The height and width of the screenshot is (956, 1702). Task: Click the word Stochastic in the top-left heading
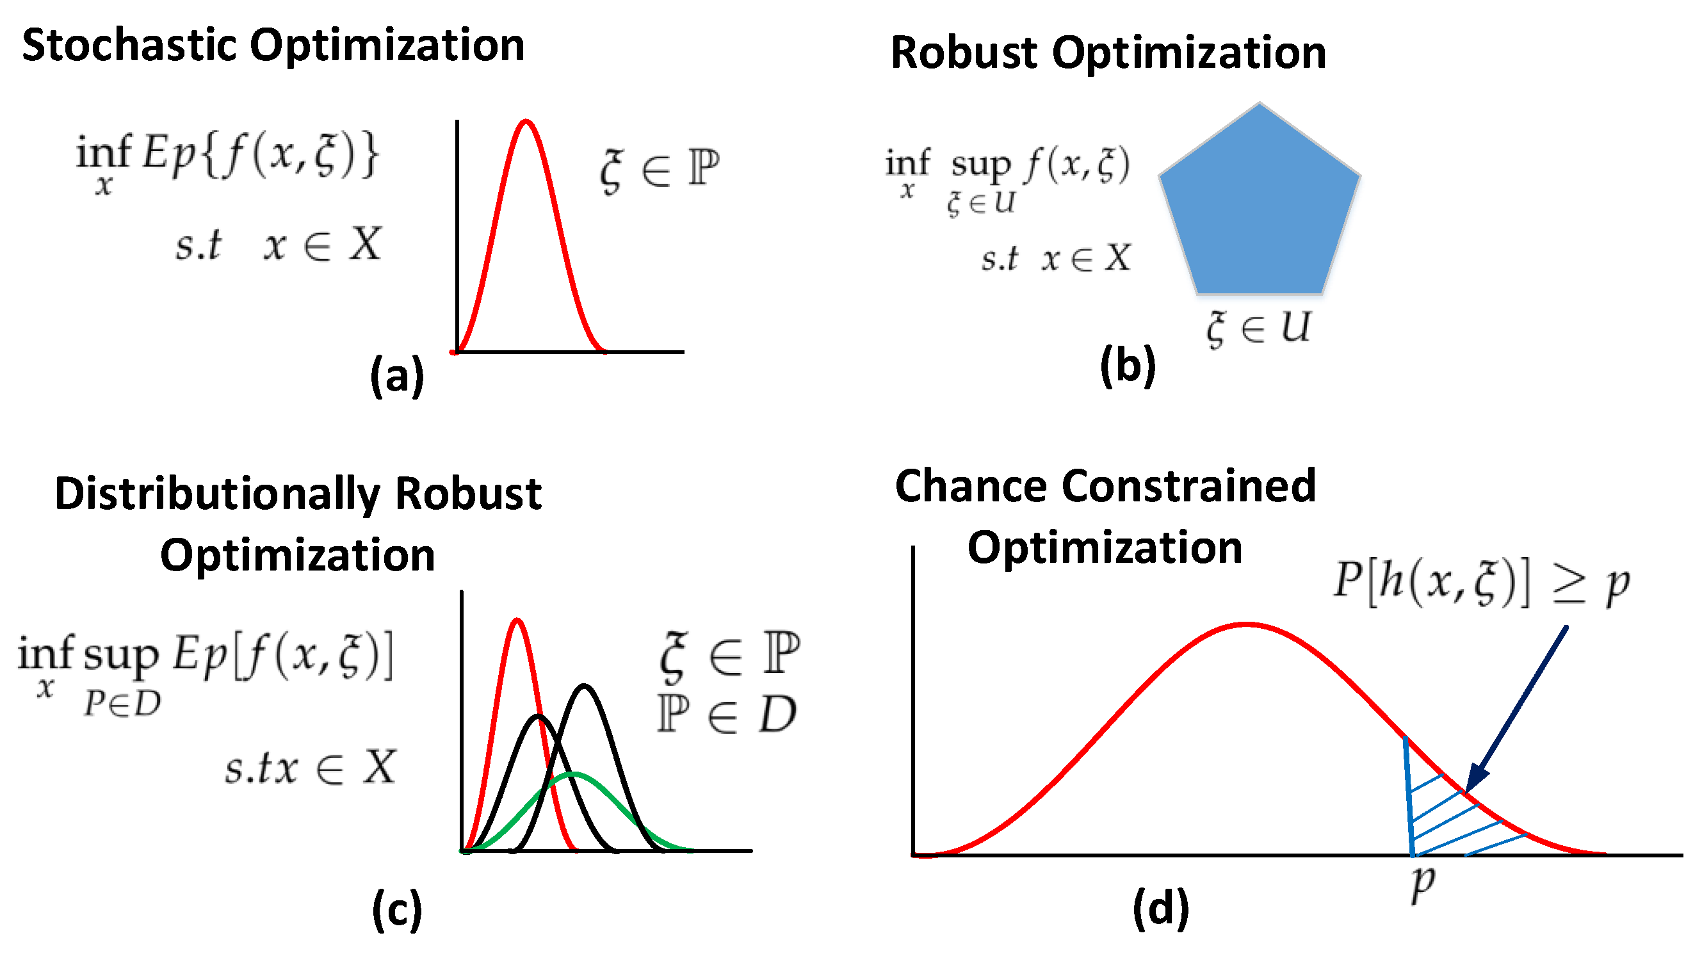tap(129, 45)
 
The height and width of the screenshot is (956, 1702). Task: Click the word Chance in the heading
tap(972, 486)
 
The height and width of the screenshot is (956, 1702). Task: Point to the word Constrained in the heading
tap(1189, 486)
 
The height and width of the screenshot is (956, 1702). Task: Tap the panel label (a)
tap(396, 375)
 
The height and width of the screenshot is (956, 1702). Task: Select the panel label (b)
tap(1127, 366)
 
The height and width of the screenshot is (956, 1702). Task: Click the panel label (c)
tap(396, 910)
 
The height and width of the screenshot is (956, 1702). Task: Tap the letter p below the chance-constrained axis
tap(1423, 882)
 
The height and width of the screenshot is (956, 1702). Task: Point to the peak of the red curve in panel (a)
tap(526, 122)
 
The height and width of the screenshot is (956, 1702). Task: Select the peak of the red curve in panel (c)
tap(517, 620)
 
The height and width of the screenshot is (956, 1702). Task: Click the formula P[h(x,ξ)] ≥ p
tap(1480, 583)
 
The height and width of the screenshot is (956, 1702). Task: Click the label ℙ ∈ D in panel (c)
tap(727, 715)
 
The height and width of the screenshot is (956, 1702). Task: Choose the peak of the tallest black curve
tap(584, 686)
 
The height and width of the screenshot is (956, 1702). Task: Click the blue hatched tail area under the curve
tap(1447, 819)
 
